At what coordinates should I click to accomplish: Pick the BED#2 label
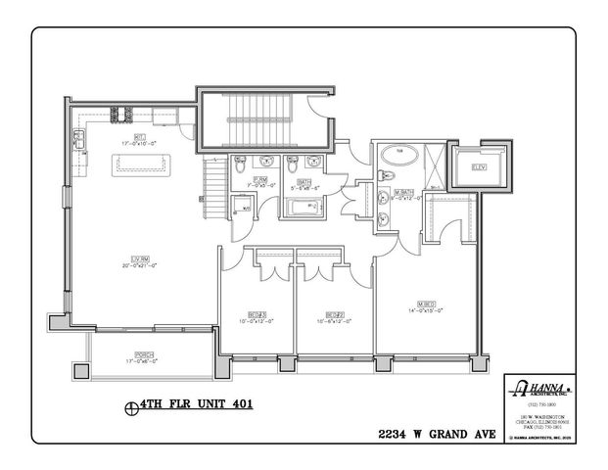tap(321, 314)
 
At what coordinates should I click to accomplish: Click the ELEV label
tap(479, 167)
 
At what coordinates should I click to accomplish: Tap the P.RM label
tap(260, 179)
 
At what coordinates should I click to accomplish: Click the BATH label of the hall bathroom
tap(305, 180)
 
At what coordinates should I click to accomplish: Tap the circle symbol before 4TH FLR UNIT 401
tap(130, 403)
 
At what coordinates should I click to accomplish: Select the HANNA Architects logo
tap(538, 387)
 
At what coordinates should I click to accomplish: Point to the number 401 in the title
tap(229, 402)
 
